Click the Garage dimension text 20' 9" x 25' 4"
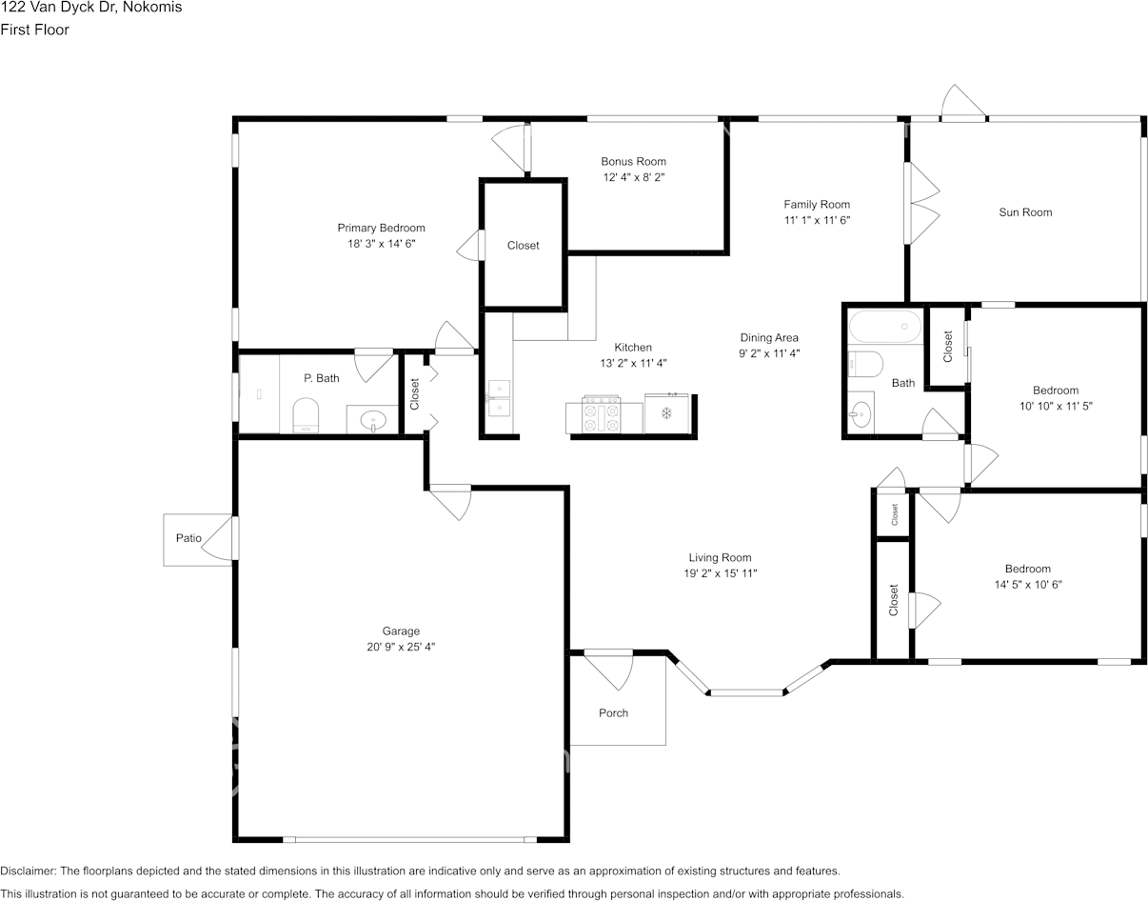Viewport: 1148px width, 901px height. pyautogui.click(x=401, y=647)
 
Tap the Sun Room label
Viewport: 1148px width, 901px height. pyautogui.click(x=1025, y=212)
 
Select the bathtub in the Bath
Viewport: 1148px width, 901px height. pyautogui.click(x=885, y=327)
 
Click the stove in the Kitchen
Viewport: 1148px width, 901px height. pyautogui.click(x=602, y=414)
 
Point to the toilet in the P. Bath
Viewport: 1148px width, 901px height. pyautogui.click(x=306, y=415)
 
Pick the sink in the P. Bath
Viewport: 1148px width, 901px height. pyautogui.click(x=373, y=421)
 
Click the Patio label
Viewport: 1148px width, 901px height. pyautogui.click(x=188, y=538)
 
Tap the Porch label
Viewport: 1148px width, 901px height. pyautogui.click(x=613, y=712)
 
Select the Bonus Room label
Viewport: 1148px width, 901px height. pyautogui.click(x=633, y=161)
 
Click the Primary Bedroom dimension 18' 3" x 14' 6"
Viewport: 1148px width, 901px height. pyautogui.click(x=382, y=244)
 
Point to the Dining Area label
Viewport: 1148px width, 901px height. pyautogui.click(x=769, y=338)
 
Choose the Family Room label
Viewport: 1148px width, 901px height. pyautogui.click(x=817, y=205)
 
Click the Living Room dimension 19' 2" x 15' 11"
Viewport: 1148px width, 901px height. pyautogui.click(x=720, y=573)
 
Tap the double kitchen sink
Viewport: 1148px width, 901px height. pyautogui.click(x=499, y=398)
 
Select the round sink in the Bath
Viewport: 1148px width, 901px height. pyautogui.click(x=861, y=413)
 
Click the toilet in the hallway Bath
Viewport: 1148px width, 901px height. pyautogui.click(x=865, y=364)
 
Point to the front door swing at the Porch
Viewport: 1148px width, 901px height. pyautogui.click(x=608, y=671)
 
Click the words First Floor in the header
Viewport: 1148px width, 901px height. pyautogui.click(x=35, y=30)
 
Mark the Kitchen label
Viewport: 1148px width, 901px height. pyautogui.click(x=633, y=348)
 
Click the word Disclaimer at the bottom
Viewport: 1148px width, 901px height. pyautogui.click(x=28, y=871)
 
